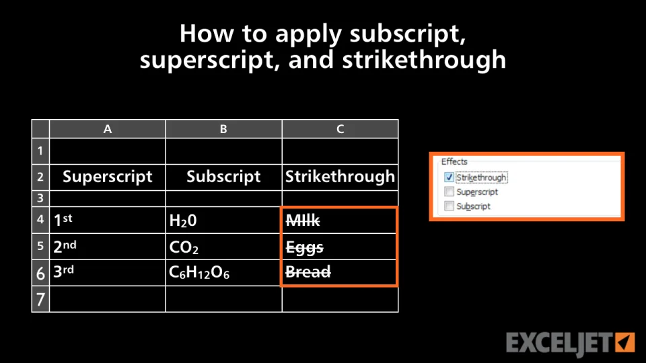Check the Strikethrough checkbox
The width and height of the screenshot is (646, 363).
coord(449,177)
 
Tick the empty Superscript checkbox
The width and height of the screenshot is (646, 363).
coord(449,192)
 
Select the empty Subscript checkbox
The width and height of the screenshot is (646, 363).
coord(449,206)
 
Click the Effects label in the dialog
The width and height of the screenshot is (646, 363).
coord(454,161)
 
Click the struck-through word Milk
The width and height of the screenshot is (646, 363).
coord(303,220)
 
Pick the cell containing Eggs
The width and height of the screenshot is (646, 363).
coord(338,247)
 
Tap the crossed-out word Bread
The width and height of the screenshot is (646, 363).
coord(308,272)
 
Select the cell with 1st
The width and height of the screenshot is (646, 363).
coord(108,220)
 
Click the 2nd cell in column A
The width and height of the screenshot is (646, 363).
coord(108,246)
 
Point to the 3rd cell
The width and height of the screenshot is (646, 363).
coord(108,272)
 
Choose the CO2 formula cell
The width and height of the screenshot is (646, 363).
coord(223,246)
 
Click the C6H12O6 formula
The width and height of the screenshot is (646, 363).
coord(199,272)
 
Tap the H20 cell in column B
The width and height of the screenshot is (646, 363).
coord(223,220)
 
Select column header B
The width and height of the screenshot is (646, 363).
coord(223,129)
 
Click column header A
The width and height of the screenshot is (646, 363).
coord(108,129)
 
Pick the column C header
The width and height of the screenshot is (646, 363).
coord(340,129)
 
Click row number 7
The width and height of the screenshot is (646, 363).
coord(40,298)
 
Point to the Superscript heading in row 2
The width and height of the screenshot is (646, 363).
coord(108,177)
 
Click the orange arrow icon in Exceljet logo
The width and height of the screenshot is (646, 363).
coord(625,342)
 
